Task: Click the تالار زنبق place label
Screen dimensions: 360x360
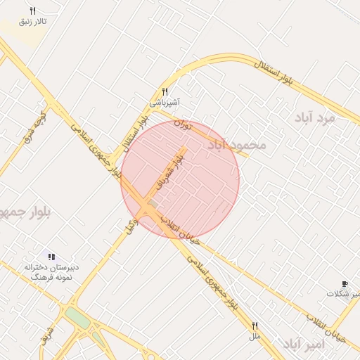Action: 33,22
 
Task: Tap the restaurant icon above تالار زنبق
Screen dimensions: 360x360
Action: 32,11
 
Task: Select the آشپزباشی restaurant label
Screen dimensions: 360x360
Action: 165,103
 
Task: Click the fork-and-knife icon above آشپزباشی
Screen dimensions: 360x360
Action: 165,91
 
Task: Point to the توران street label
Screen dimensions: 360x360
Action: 183,127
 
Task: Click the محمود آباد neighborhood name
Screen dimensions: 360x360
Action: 237,144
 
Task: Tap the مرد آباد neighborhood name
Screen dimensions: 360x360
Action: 316,118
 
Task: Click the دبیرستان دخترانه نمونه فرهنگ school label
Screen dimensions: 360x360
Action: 49,272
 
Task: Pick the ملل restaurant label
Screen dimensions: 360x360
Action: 255,337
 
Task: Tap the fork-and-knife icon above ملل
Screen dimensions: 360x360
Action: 255,326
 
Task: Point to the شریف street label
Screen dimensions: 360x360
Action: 48,336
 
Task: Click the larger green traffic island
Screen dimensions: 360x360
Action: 79,320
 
